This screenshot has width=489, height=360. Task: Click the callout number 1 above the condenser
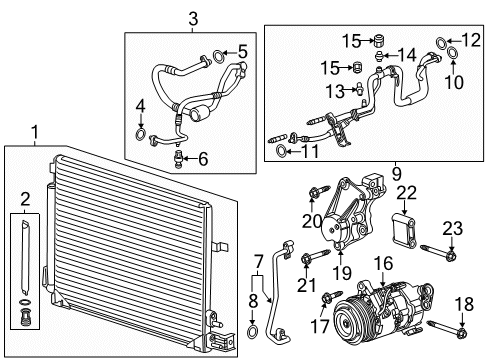pyautogui.click(x=37, y=131)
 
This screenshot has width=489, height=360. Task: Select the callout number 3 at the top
pyautogui.click(x=192, y=16)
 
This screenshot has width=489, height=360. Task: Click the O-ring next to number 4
pyautogui.click(x=142, y=132)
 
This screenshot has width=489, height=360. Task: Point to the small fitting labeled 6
pyautogui.click(x=179, y=157)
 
